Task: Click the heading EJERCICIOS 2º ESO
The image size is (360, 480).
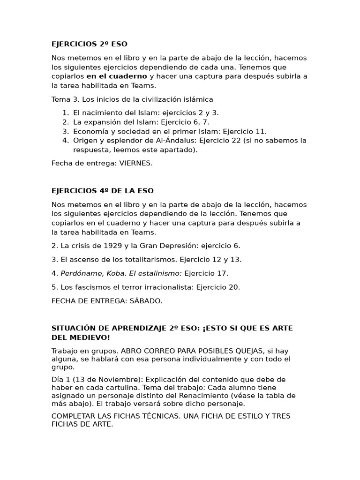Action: click(89, 44)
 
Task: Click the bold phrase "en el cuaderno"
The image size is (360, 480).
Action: click(117, 76)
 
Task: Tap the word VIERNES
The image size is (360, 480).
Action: click(135, 163)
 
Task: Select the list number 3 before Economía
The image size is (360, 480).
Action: click(66, 131)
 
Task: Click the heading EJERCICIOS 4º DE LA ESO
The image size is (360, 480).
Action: click(102, 191)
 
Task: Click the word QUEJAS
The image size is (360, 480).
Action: click(255, 351)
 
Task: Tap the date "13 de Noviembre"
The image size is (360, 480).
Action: click(101, 379)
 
